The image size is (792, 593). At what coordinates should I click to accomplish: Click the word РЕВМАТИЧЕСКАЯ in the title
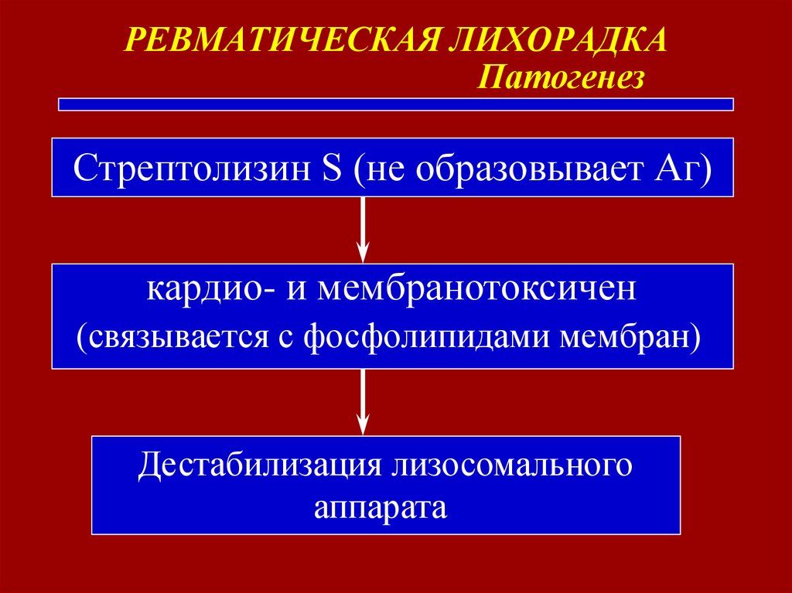283,40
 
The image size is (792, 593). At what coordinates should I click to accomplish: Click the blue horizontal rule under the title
395,104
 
